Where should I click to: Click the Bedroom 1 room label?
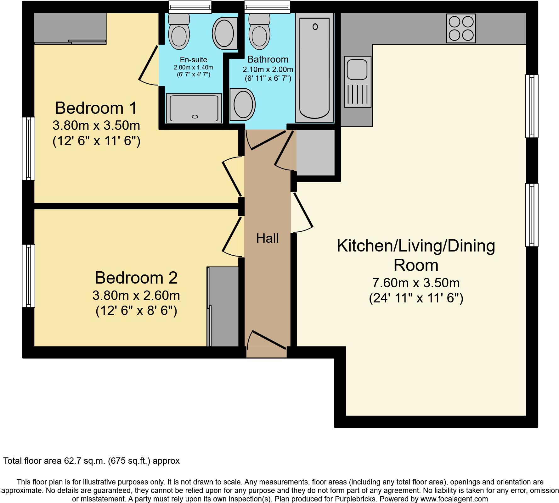click(96, 108)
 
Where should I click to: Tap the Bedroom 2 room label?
click(136, 278)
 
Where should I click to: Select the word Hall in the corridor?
click(267, 238)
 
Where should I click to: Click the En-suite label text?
click(194, 59)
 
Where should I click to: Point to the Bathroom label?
click(268, 59)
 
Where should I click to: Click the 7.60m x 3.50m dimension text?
click(416, 283)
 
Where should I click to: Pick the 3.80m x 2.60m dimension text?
click(136, 296)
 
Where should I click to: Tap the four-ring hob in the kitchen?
click(461, 28)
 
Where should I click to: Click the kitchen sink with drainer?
click(358, 82)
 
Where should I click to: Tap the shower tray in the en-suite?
click(194, 108)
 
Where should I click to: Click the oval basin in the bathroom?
click(242, 104)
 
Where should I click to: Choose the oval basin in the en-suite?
click(225, 33)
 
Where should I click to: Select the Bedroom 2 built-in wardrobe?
click(223, 307)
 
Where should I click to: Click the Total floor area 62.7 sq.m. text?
click(91, 461)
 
